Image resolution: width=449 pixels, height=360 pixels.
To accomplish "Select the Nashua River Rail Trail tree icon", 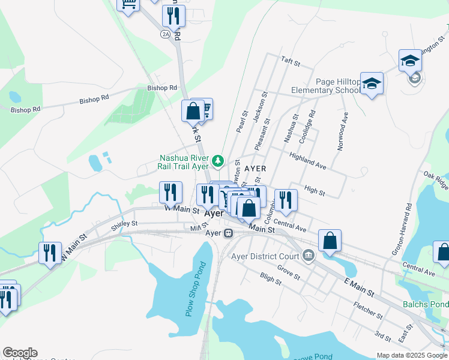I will pos(218,161).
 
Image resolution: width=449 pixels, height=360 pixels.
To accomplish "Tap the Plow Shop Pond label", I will pos(195,289).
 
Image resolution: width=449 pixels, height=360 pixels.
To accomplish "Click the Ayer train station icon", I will pos(228,233).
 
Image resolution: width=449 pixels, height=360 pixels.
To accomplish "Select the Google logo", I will pos(20,353).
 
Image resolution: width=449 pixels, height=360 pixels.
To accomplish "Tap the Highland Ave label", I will pos(307,161).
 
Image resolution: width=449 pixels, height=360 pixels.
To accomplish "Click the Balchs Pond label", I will pos(426,304).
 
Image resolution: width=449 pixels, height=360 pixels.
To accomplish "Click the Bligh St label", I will pos(271,277).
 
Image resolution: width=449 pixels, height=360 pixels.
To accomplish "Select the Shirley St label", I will pos(124,226).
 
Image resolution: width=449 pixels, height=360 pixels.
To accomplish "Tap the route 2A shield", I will pos(166,34).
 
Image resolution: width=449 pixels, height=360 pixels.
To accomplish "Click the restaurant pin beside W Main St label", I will pos(170,192).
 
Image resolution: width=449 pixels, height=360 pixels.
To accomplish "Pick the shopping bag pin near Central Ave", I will pos(330,241).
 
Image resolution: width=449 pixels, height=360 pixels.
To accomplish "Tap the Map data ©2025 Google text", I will pos(411,355).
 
